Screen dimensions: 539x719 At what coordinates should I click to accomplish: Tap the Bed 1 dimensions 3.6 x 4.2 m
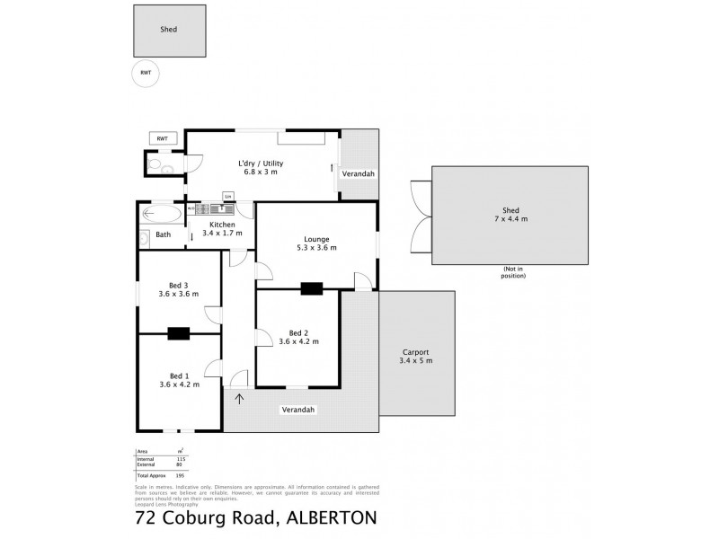[x=179, y=384]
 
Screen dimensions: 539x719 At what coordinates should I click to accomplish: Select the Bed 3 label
[x=179, y=285]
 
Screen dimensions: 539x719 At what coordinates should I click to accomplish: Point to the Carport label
[x=416, y=352]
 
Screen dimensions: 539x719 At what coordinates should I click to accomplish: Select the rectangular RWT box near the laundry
[x=162, y=138]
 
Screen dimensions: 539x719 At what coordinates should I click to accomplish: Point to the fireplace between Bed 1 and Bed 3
[x=179, y=333]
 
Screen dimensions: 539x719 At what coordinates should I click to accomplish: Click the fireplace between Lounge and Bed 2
[x=312, y=288]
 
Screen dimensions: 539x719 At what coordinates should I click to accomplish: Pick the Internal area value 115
[x=180, y=458]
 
